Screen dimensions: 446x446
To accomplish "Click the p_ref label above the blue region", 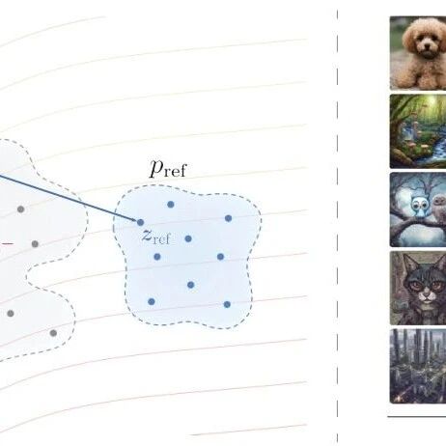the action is (168, 169).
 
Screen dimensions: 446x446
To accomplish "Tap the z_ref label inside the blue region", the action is (155, 237).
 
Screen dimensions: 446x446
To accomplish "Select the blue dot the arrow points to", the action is (140, 222).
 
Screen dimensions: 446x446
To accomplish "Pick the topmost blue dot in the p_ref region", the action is (171, 204).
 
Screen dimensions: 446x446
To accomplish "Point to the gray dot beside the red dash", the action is (35, 244).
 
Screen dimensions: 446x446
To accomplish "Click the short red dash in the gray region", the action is (8, 244).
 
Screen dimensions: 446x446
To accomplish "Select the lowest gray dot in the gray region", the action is (53, 333).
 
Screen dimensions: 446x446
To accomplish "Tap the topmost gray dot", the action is (20, 209).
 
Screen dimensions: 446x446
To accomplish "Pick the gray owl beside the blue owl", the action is (438, 208).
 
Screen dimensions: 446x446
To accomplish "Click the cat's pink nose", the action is (427, 293).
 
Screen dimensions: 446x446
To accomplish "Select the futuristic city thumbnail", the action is (418, 366).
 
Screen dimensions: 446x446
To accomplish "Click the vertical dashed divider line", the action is (337, 225).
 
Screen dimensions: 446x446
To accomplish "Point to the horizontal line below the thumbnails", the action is (417, 417).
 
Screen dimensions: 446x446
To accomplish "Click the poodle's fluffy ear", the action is (408, 42).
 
